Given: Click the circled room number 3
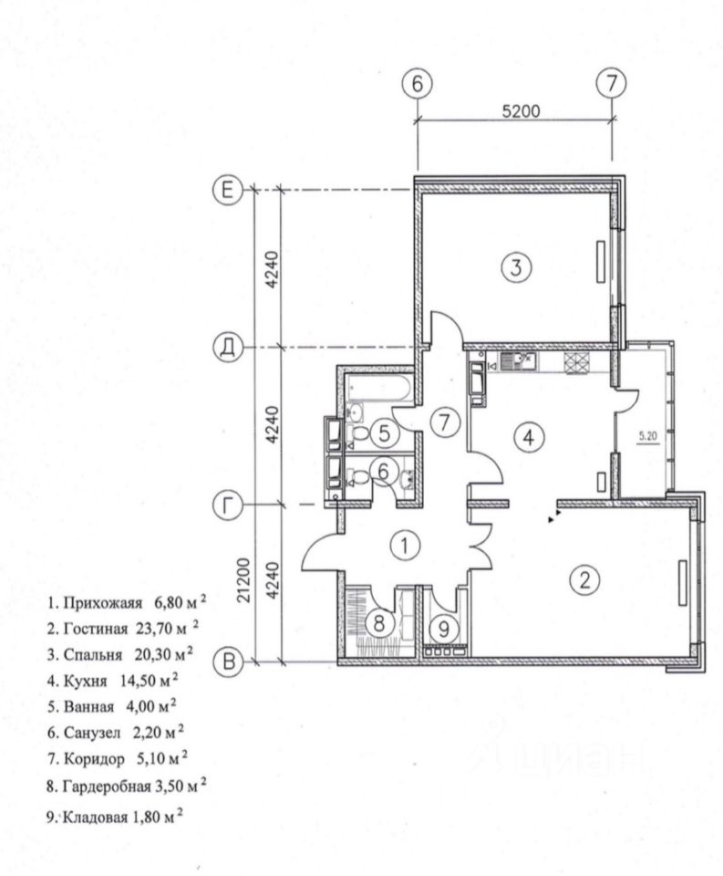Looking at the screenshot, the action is (x=516, y=267).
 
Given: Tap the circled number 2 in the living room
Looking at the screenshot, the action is (x=584, y=580).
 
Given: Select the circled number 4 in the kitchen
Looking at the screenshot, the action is (x=528, y=437).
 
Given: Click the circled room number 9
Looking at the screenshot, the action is (x=444, y=629).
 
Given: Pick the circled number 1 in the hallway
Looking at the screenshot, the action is (x=405, y=546).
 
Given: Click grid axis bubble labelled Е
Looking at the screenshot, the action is (x=227, y=191).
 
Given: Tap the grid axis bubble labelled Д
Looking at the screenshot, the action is (x=227, y=348).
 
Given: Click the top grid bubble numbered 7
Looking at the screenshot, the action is (x=612, y=83).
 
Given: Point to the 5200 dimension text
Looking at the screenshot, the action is (x=521, y=111).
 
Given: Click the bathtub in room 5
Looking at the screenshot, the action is (x=379, y=387).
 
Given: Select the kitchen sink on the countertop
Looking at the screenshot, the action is (x=518, y=362).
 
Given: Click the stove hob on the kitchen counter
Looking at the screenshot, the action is (x=576, y=363).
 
